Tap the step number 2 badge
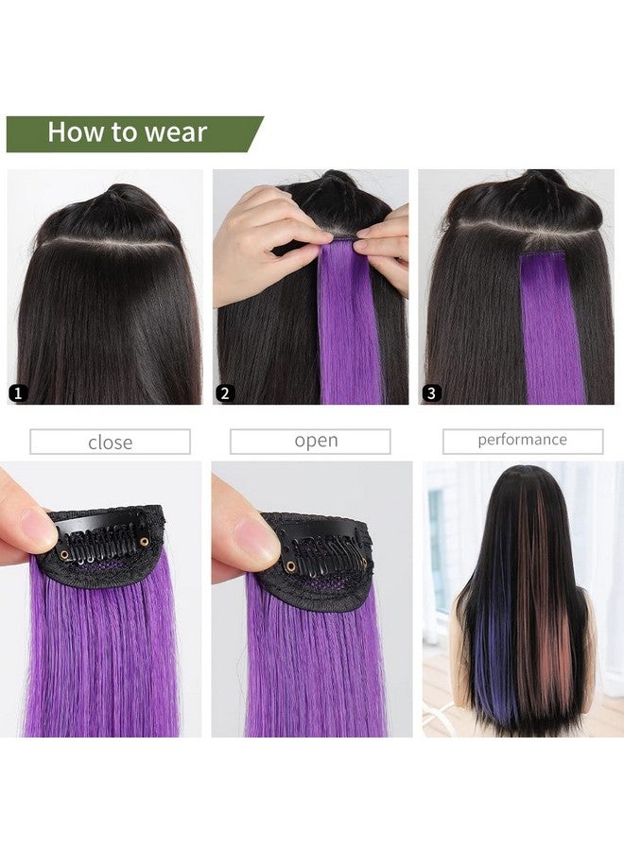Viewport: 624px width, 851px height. click(x=225, y=392)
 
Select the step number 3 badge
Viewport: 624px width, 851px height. click(x=432, y=392)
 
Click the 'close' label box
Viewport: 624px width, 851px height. click(x=110, y=442)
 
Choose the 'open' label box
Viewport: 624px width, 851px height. click(x=316, y=442)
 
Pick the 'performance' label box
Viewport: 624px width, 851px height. click(x=522, y=440)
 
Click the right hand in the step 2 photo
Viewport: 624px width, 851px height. click(x=388, y=248)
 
